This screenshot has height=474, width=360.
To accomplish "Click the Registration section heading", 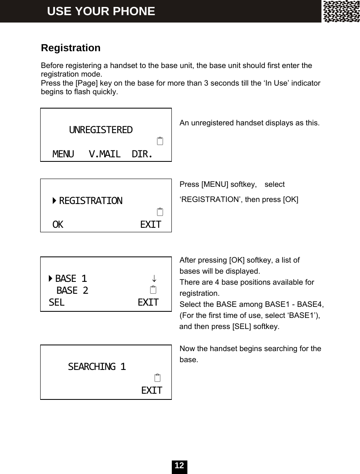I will coord(71,48).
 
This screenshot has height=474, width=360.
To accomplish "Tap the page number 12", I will coord(179,466).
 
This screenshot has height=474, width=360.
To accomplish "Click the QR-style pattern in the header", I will coord(341,11).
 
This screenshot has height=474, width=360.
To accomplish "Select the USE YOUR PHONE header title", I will coord(101,11).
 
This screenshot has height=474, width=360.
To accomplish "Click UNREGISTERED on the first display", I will coord(101,130).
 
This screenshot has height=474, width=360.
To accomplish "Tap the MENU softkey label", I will coord(63,154).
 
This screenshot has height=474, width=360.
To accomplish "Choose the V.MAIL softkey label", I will coord(105,154).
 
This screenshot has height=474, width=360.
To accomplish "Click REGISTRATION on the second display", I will coord(91,201).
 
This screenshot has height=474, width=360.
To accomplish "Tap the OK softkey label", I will coord(58,225).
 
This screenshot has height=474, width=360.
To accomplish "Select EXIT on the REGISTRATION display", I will coord(150,225).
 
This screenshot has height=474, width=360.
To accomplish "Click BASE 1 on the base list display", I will coord(71,279).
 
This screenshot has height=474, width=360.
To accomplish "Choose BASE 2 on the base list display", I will coord(72,291).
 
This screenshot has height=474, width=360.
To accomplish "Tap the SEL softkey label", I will coord(56,303).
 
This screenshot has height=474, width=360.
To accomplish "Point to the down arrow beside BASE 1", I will coord(153,279).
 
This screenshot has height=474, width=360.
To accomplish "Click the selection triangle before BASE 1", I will coord(50,279).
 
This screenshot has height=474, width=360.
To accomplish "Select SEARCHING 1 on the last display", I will coord(97,366).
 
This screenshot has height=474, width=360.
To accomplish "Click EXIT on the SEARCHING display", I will coord(151,390).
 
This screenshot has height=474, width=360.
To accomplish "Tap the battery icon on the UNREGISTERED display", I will coord(160,142).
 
